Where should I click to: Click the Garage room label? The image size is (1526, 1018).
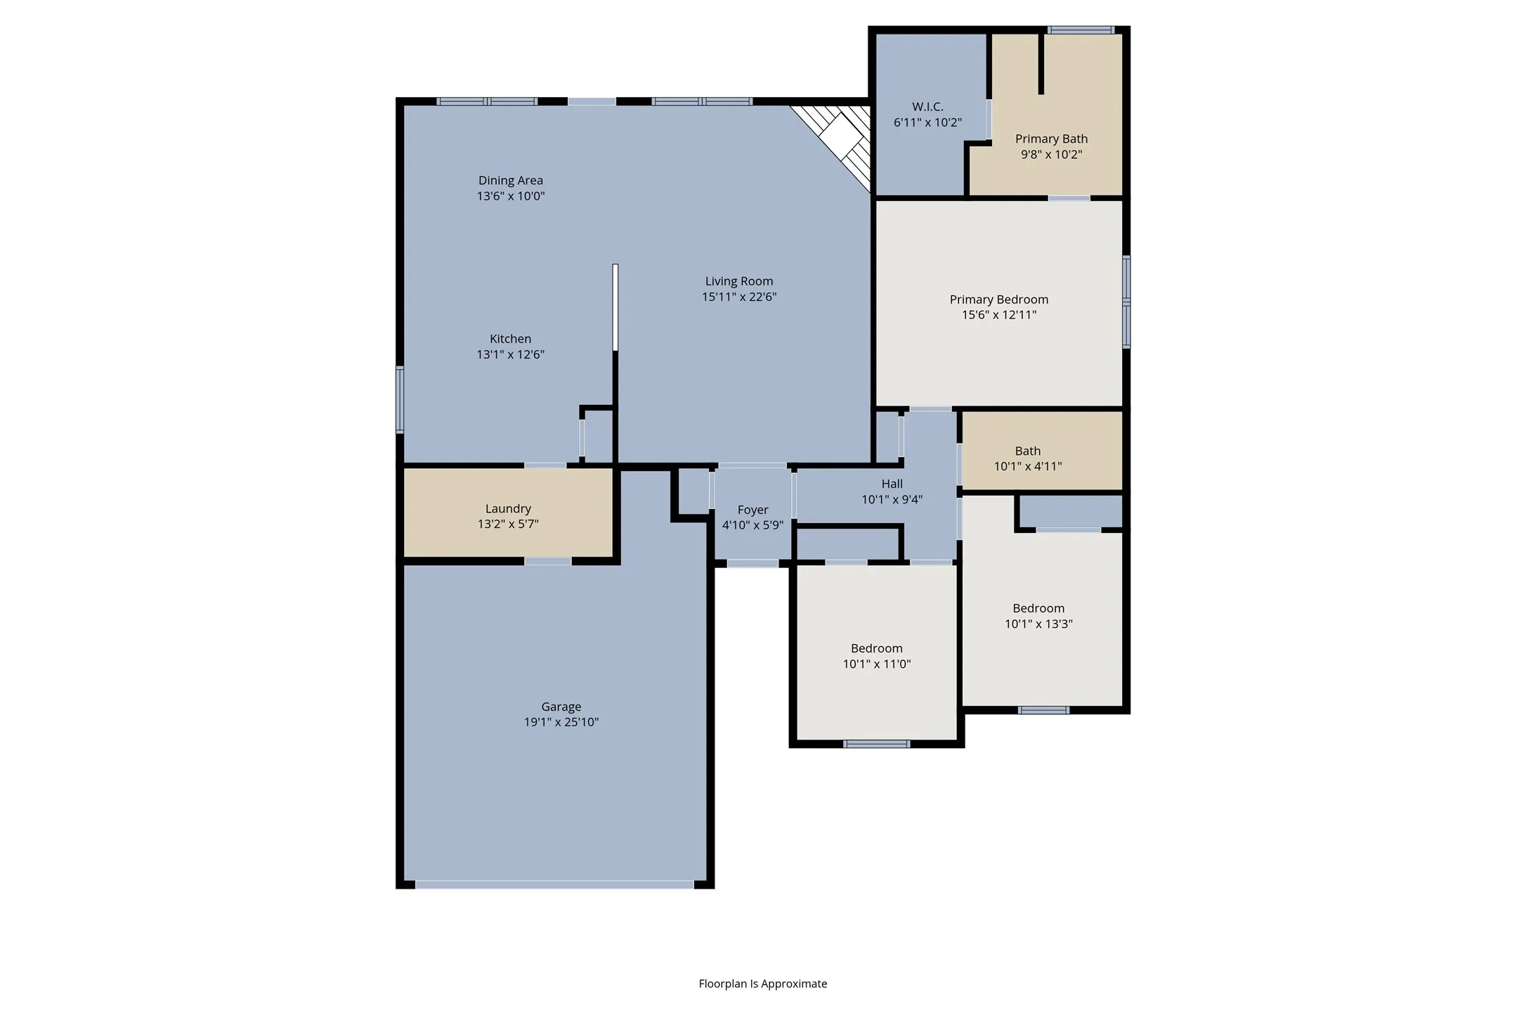point(561,707)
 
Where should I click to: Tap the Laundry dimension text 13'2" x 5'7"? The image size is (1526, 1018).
point(508,524)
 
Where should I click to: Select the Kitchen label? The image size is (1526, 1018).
point(510,339)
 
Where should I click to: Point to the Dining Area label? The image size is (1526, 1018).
point(510,181)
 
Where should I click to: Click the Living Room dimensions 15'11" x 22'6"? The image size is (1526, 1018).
point(739,297)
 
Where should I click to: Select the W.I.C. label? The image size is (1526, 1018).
point(927,107)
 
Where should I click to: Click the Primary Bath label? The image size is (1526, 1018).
point(1051,139)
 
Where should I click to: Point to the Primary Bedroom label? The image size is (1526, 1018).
point(998,299)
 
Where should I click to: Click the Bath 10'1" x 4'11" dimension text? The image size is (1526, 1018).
point(1027,466)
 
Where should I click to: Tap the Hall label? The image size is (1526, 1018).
point(892,484)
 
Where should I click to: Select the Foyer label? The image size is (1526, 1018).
point(752,510)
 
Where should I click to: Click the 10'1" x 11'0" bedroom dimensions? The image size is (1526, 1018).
point(877,664)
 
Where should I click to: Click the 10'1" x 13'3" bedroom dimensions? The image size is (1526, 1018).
point(1038,624)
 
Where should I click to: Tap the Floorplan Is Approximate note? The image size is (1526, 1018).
point(762,984)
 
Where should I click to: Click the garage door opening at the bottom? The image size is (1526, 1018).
point(554,885)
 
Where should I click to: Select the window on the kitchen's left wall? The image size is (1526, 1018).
point(400,399)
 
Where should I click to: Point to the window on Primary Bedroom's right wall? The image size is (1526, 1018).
point(1126,302)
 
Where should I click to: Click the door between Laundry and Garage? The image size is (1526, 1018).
point(547,561)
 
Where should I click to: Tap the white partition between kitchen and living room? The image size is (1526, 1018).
point(615,307)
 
